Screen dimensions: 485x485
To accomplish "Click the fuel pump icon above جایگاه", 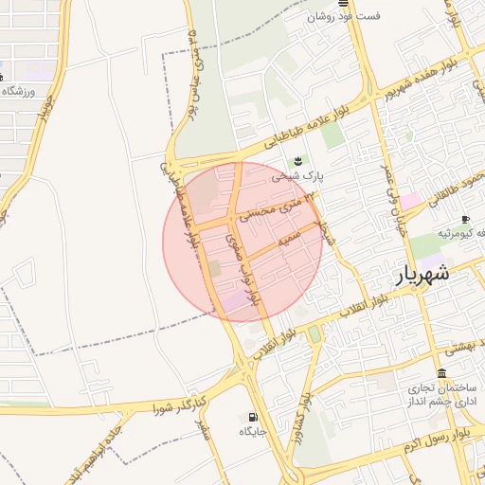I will coord(252,416).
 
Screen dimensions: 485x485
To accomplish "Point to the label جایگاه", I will coord(252,432).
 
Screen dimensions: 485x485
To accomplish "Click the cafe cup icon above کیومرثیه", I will coord(465,220).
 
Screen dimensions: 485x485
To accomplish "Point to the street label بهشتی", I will coord(464,349).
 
